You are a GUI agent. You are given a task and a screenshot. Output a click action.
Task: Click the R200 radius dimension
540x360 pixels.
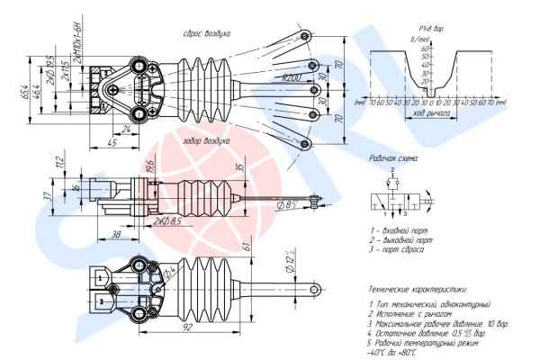pyautogui.click(x=290, y=78)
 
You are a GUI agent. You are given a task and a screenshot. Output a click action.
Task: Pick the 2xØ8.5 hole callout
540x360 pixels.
pyautogui.click(x=167, y=220)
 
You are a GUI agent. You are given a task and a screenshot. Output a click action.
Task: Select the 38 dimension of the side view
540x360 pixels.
pyautogui.click(x=117, y=232)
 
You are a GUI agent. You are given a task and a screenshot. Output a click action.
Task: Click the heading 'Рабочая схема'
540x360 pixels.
pyautogui.click(x=393, y=158)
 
